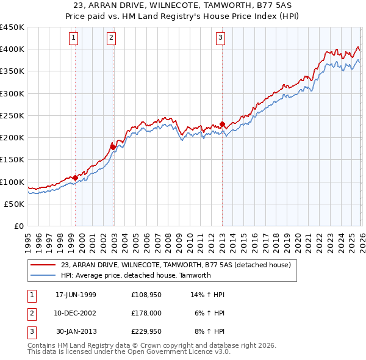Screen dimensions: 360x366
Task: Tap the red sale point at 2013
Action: coord(222,124)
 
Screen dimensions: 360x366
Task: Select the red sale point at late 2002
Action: coord(113,146)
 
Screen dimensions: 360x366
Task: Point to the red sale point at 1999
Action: coord(76,178)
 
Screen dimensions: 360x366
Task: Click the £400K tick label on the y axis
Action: coord(12,49)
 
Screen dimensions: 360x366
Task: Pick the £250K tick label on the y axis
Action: coord(12,115)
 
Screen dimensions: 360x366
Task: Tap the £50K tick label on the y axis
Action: coord(14,204)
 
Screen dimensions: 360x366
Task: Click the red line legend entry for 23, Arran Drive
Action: coord(176,265)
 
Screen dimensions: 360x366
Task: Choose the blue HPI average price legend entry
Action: coord(135,275)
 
